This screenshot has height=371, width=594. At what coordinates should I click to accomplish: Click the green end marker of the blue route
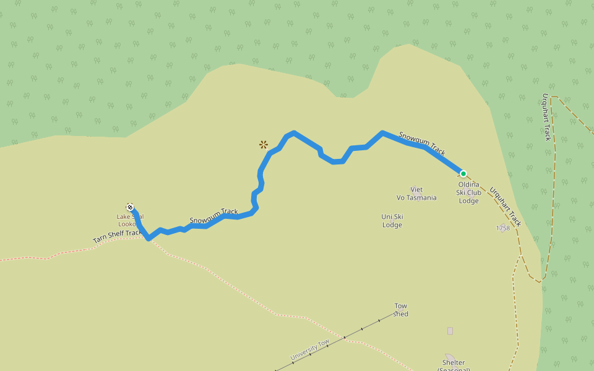463,174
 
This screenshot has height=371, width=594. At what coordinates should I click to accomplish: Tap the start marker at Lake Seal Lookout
130,207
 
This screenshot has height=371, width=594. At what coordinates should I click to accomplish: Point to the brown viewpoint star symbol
264,145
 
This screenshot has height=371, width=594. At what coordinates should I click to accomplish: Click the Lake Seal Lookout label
130,220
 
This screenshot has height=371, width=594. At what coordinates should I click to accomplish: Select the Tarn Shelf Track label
118,236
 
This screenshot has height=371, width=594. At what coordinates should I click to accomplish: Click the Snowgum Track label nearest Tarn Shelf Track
213,216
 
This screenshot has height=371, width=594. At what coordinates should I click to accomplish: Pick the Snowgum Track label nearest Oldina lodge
422,143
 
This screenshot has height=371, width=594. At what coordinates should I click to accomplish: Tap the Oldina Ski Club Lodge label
469,192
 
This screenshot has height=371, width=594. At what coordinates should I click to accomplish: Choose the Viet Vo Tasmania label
416,194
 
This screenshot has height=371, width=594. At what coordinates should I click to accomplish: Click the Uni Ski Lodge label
392,221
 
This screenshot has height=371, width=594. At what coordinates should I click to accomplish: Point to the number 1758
502,228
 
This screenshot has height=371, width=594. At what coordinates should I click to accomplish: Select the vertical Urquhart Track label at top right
546,117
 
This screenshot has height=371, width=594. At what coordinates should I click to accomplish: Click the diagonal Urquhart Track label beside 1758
506,207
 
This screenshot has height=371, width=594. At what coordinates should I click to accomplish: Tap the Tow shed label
401,310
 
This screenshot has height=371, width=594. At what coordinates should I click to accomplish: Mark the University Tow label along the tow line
310,350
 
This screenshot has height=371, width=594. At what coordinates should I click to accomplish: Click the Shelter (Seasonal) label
454,365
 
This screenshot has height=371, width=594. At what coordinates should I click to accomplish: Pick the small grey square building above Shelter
450,331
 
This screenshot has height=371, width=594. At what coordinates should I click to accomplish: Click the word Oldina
469,184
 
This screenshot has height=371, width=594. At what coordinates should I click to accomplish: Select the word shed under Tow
401,314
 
